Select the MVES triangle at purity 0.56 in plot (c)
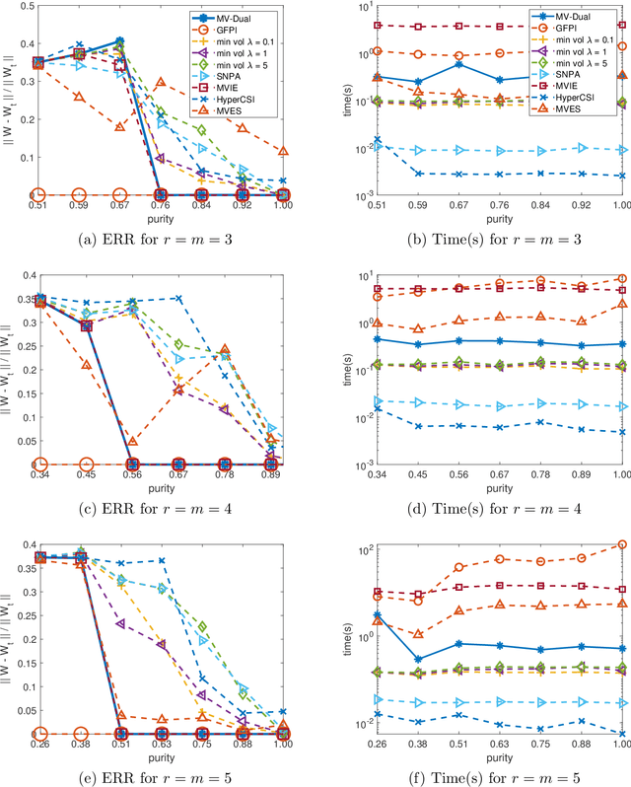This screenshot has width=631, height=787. pyautogui.click(x=130, y=442)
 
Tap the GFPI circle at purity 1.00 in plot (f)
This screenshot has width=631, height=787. pyautogui.click(x=619, y=543)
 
